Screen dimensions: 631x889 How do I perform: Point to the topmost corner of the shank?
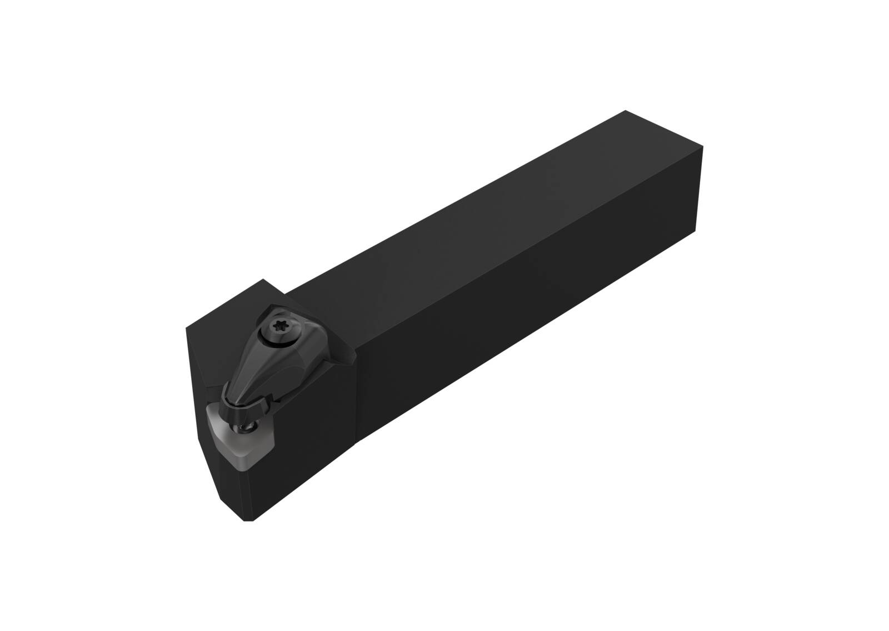pos(626,111)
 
